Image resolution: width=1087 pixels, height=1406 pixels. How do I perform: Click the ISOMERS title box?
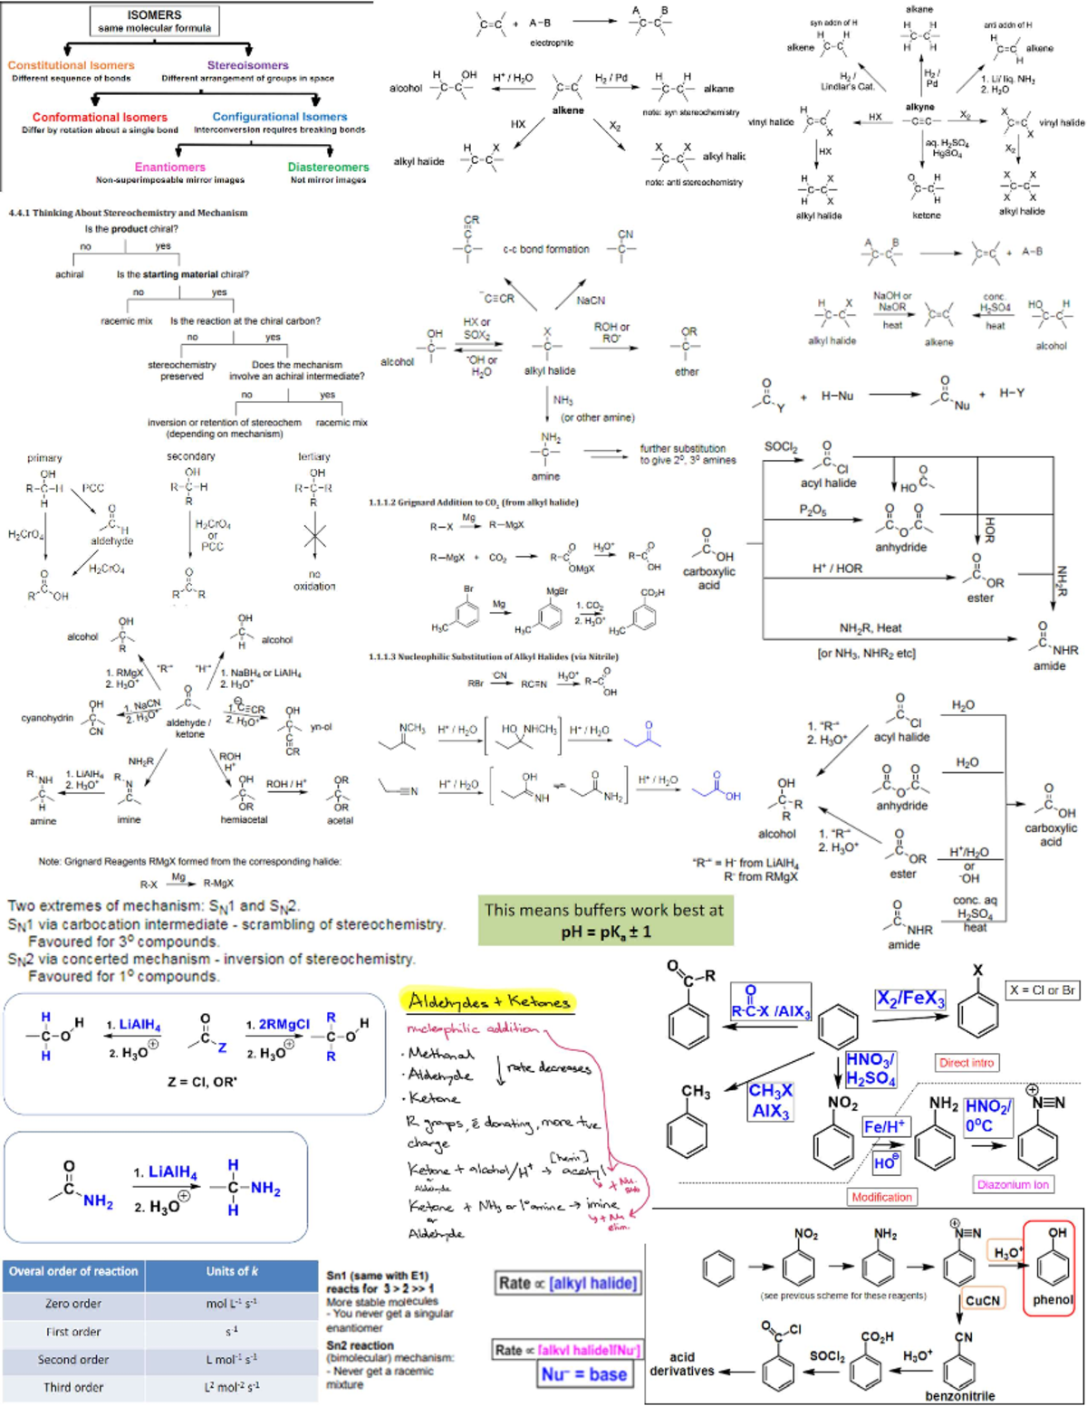pyautogui.click(x=154, y=21)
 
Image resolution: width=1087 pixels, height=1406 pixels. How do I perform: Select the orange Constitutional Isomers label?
pyautogui.click(x=71, y=65)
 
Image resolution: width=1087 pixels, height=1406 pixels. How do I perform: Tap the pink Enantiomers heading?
pyautogui.click(x=169, y=167)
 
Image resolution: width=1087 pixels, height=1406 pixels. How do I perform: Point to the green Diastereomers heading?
pyautogui.click(x=328, y=167)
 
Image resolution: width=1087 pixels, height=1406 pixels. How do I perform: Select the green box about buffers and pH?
pyautogui.click(x=605, y=920)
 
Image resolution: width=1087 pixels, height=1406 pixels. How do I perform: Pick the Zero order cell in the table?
pyautogui.click(x=73, y=1304)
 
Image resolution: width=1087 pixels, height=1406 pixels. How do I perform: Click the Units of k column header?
pyautogui.click(x=231, y=1272)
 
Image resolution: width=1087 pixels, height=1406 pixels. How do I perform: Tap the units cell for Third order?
pyautogui.click(x=231, y=1387)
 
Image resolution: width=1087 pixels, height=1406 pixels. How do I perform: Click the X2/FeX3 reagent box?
pyautogui.click(x=910, y=998)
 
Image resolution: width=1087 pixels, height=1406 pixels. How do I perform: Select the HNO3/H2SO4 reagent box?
pyautogui.click(x=871, y=1068)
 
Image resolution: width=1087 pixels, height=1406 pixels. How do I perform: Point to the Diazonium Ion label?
pyautogui.click(x=1013, y=1184)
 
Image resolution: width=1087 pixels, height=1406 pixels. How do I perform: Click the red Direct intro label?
pyautogui.click(x=967, y=1063)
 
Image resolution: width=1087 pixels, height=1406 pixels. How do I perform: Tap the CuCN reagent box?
pyautogui.click(x=983, y=1300)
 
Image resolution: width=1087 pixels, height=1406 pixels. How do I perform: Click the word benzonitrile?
pyautogui.click(x=960, y=1395)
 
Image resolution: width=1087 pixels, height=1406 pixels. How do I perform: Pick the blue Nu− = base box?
pyautogui.click(x=584, y=1374)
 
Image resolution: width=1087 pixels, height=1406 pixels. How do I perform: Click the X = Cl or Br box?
pyautogui.click(x=1043, y=990)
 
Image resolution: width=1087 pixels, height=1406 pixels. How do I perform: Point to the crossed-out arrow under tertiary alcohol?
pyautogui.click(x=314, y=537)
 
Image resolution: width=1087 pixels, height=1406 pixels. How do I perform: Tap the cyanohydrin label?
pyautogui.click(x=47, y=718)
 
